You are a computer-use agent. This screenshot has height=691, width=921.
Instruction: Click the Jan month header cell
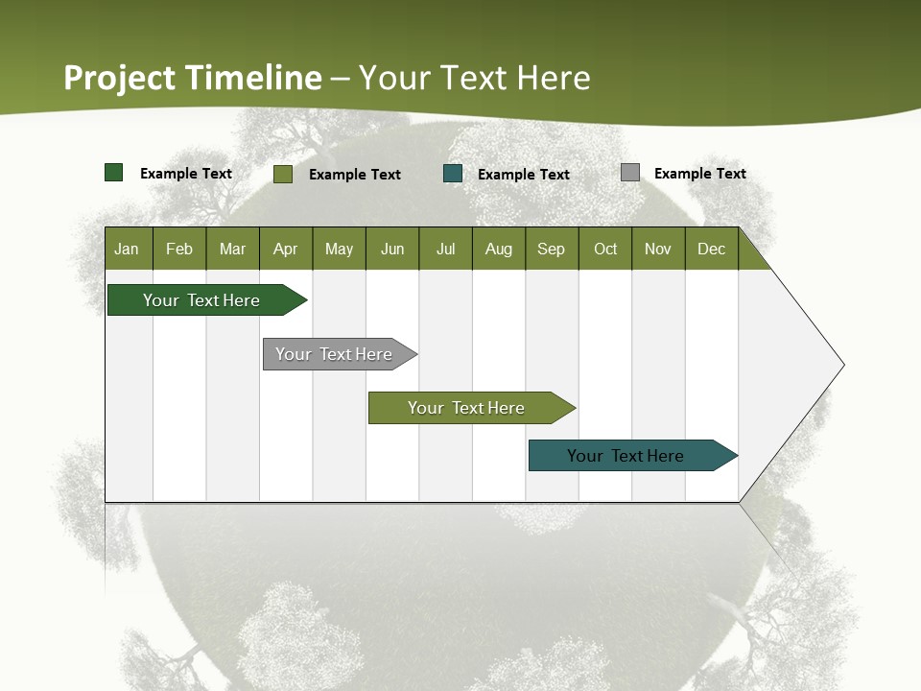click(128, 249)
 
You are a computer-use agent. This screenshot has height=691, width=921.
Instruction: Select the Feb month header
click(179, 249)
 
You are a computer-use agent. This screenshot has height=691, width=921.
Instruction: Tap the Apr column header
click(286, 249)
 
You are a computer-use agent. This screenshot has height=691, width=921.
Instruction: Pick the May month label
click(339, 249)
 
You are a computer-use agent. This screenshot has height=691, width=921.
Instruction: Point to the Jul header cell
click(445, 249)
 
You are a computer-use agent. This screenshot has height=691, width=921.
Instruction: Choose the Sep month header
click(552, 249)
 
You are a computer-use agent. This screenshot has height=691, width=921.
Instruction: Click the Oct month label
click(605, 249)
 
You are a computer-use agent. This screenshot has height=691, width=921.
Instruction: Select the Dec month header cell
click(712, 249)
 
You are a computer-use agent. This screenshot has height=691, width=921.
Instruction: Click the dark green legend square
click(114, 173)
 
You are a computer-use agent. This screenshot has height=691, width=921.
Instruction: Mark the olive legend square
click(283, 174)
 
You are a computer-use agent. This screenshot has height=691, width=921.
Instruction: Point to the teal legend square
click(453, 174)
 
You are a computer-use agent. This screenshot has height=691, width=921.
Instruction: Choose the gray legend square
click(630, 173)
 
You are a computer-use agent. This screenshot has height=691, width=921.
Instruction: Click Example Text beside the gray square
click(699, 174)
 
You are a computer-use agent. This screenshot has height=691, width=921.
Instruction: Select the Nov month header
click(658, 249)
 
